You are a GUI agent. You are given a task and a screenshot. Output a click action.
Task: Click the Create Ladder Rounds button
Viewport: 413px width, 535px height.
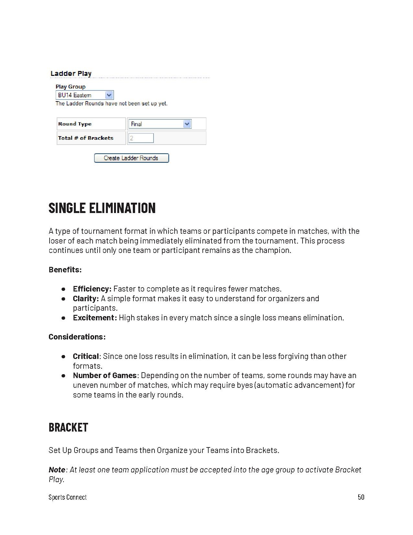[x=131, y=158]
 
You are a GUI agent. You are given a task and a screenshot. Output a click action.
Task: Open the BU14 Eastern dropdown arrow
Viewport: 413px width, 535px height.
[x=109, y=95]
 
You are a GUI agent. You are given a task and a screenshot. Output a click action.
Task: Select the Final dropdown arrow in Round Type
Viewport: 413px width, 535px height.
[x=187, y=124]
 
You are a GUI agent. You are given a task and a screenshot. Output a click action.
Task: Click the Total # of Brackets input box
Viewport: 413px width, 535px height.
[x=141, y=138]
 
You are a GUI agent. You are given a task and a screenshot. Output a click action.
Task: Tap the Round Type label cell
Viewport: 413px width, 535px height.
[x=91, y=124]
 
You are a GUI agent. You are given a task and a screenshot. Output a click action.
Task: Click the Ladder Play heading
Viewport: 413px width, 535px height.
[x=71, y=74]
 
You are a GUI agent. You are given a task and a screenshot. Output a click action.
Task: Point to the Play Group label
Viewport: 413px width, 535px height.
[x=70, y=87]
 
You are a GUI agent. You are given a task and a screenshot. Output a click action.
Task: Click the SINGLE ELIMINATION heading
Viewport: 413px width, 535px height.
[x=102, y=208]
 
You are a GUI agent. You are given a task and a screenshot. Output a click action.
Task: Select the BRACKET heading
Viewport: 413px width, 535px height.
[x=68, y=427]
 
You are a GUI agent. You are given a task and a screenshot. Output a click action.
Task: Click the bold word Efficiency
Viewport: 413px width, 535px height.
[x=92, y=289]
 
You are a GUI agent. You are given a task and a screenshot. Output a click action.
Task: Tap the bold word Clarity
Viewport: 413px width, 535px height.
[x=86, y=299]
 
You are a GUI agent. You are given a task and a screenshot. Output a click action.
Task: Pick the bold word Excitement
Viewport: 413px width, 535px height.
[x=95, y=318]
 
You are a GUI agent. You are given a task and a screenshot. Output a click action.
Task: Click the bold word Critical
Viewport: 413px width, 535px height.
[x=86, y=356]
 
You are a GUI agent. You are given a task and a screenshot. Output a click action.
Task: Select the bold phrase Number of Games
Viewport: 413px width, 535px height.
[x=105, y=375]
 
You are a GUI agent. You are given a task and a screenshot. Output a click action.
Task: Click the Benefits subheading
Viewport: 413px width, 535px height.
[x=65, y=270]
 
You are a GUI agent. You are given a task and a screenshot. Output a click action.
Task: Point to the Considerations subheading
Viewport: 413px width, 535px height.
[x=77, y=337]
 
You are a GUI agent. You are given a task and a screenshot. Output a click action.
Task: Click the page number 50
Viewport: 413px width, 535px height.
[x=361, y=497]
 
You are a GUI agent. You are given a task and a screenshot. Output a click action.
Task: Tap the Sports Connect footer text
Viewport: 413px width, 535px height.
[x=68, y=497]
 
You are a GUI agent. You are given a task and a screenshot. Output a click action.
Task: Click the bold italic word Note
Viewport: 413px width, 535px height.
[x=57, y=470]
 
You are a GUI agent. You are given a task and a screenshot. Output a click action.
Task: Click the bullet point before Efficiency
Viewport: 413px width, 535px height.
[x=63, y=289]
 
